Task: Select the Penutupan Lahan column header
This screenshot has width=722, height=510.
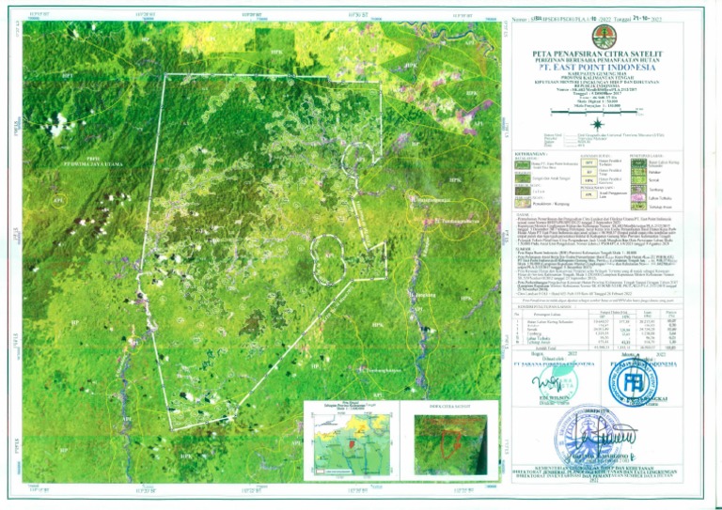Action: [562, 311]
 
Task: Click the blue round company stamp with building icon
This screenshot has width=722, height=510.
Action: [636, 381]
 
